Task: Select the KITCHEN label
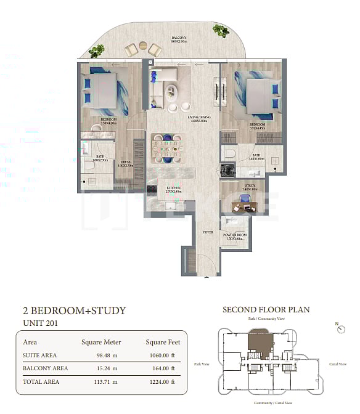pyautogui.click(x=174, y=189)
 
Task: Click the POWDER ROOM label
pyautogui.click(x=234, y=236)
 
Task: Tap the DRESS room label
pyautogui.click(x=125, y=163)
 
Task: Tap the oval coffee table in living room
pyautogui.click(x=173, y=94)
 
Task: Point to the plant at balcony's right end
pyautogui.click(x=220, y=30)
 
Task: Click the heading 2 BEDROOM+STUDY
pyautogui.click(x=74, y=310)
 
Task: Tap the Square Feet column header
pyautogui.click(x=164, y=342)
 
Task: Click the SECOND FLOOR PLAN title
pyautogui.click(x=266, y=309)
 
